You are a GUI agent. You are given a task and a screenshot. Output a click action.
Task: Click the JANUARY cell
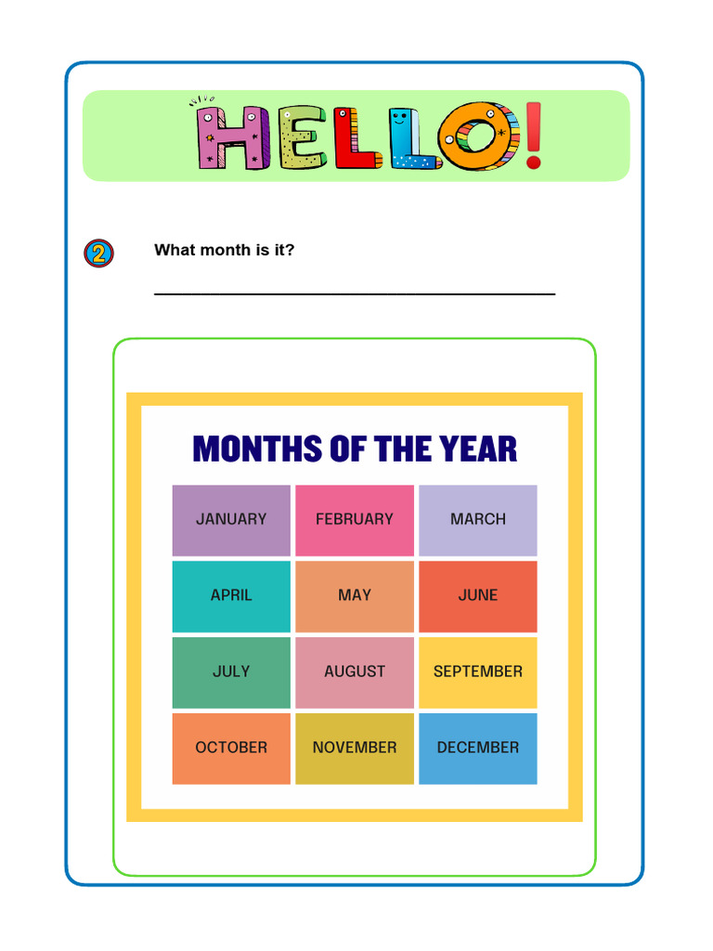pos(231,520)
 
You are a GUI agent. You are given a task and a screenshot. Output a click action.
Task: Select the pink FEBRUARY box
pos(355,520)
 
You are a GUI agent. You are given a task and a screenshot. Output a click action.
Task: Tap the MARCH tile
pos(478,520)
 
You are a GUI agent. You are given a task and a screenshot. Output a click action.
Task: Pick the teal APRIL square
pos(231,596)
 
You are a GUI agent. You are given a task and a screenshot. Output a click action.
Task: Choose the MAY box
pos(355,596)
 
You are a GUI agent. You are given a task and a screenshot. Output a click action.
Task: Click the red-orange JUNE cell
pos(478,596)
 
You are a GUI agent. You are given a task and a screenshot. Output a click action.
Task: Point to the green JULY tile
pos(231,672)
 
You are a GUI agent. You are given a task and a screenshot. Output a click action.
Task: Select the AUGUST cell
pos(355,672)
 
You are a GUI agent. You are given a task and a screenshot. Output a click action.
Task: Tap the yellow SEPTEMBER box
pos(478,672)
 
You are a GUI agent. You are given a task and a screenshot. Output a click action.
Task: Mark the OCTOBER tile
pos(231,749)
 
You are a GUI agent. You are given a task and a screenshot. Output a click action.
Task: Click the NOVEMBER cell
pos(355,749)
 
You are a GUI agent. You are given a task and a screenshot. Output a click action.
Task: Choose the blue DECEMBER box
pos(478,749)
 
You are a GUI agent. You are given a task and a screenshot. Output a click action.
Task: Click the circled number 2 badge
pos(99,254)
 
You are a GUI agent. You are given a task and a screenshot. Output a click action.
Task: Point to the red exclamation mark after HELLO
pos(533,137)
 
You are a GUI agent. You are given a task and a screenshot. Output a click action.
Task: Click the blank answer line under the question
pos(355,293)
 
